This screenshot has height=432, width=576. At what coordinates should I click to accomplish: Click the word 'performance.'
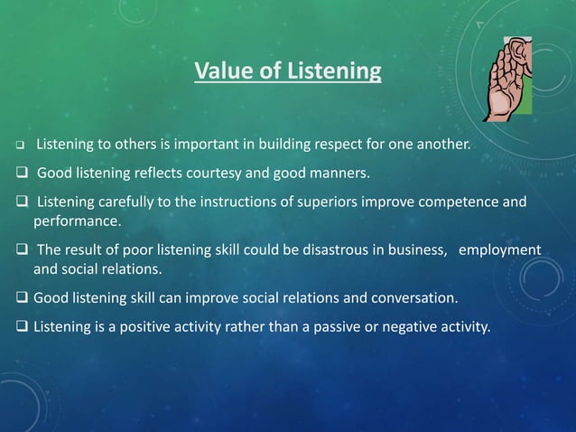pyautogui.click(x=77, y=220)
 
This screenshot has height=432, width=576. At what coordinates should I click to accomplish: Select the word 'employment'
pyautogui.click(x=500, y=249)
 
